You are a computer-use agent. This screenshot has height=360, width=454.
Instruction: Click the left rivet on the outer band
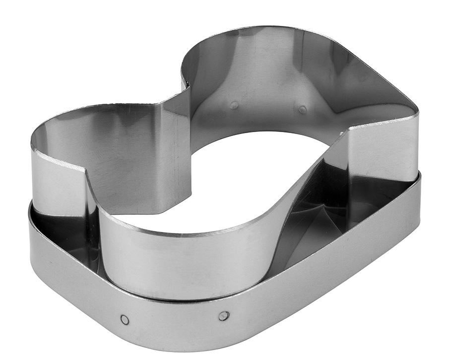pos(125,319)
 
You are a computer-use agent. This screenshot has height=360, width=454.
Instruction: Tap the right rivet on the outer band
pos(224,315)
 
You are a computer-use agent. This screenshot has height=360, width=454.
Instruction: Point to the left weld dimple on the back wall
pos(234,105)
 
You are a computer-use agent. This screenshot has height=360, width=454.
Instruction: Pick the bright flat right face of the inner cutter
pos(382,149)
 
